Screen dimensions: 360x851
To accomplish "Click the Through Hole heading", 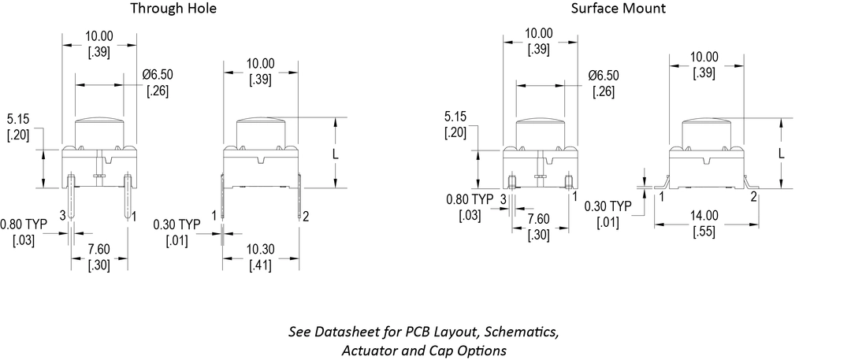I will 173,9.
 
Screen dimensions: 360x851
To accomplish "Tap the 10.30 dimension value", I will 261,250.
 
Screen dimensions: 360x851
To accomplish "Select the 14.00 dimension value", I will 704,215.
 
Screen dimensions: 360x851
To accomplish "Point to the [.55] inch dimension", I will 704,230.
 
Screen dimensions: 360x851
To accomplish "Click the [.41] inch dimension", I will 261,265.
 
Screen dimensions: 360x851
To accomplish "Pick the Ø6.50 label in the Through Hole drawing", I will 158,75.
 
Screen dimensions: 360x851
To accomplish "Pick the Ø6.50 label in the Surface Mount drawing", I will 604,76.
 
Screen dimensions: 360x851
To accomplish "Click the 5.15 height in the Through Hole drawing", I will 18,120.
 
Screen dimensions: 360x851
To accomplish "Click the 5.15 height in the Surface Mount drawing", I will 455,117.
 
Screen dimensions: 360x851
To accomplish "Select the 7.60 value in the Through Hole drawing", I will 98,250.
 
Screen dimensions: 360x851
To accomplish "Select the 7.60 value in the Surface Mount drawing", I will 539,218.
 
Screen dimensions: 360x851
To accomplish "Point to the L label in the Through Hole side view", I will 335,154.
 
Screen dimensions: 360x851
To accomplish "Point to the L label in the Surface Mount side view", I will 781,154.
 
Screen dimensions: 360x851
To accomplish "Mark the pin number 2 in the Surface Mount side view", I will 753,196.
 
